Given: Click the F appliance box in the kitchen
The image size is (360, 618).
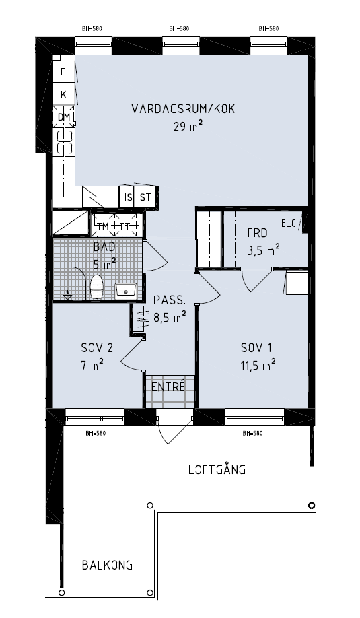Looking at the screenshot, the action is coord(63,72).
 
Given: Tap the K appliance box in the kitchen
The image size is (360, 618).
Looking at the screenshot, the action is coord(63,95).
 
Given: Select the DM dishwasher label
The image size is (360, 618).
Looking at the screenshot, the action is coord(63,117).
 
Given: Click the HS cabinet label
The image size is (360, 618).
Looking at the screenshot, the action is coord(127,197).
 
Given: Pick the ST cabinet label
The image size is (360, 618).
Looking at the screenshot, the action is coord(145,197).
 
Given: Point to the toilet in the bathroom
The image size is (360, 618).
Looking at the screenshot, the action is coord(96,287).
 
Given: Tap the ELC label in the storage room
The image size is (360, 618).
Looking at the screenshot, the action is coord(288,224).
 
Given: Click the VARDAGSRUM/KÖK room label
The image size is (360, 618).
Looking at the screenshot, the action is coord(183,109).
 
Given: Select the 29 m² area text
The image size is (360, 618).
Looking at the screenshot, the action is coord(188,127).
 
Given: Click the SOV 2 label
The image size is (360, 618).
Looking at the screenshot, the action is coord(97,348).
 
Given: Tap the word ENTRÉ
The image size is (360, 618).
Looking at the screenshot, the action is coord(168,387).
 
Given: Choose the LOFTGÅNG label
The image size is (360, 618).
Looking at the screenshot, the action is coord(217,469).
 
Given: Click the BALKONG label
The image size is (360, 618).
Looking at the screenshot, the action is coord(107,565).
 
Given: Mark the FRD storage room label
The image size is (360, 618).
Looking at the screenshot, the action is coord(257,233).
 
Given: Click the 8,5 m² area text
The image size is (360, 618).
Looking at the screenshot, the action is coord(170,317).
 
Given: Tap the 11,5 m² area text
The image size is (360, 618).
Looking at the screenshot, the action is coord(258,365).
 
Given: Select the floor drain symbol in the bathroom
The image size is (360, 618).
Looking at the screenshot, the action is coord(67,294).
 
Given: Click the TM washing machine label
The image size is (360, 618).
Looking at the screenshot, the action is coord(103,226).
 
